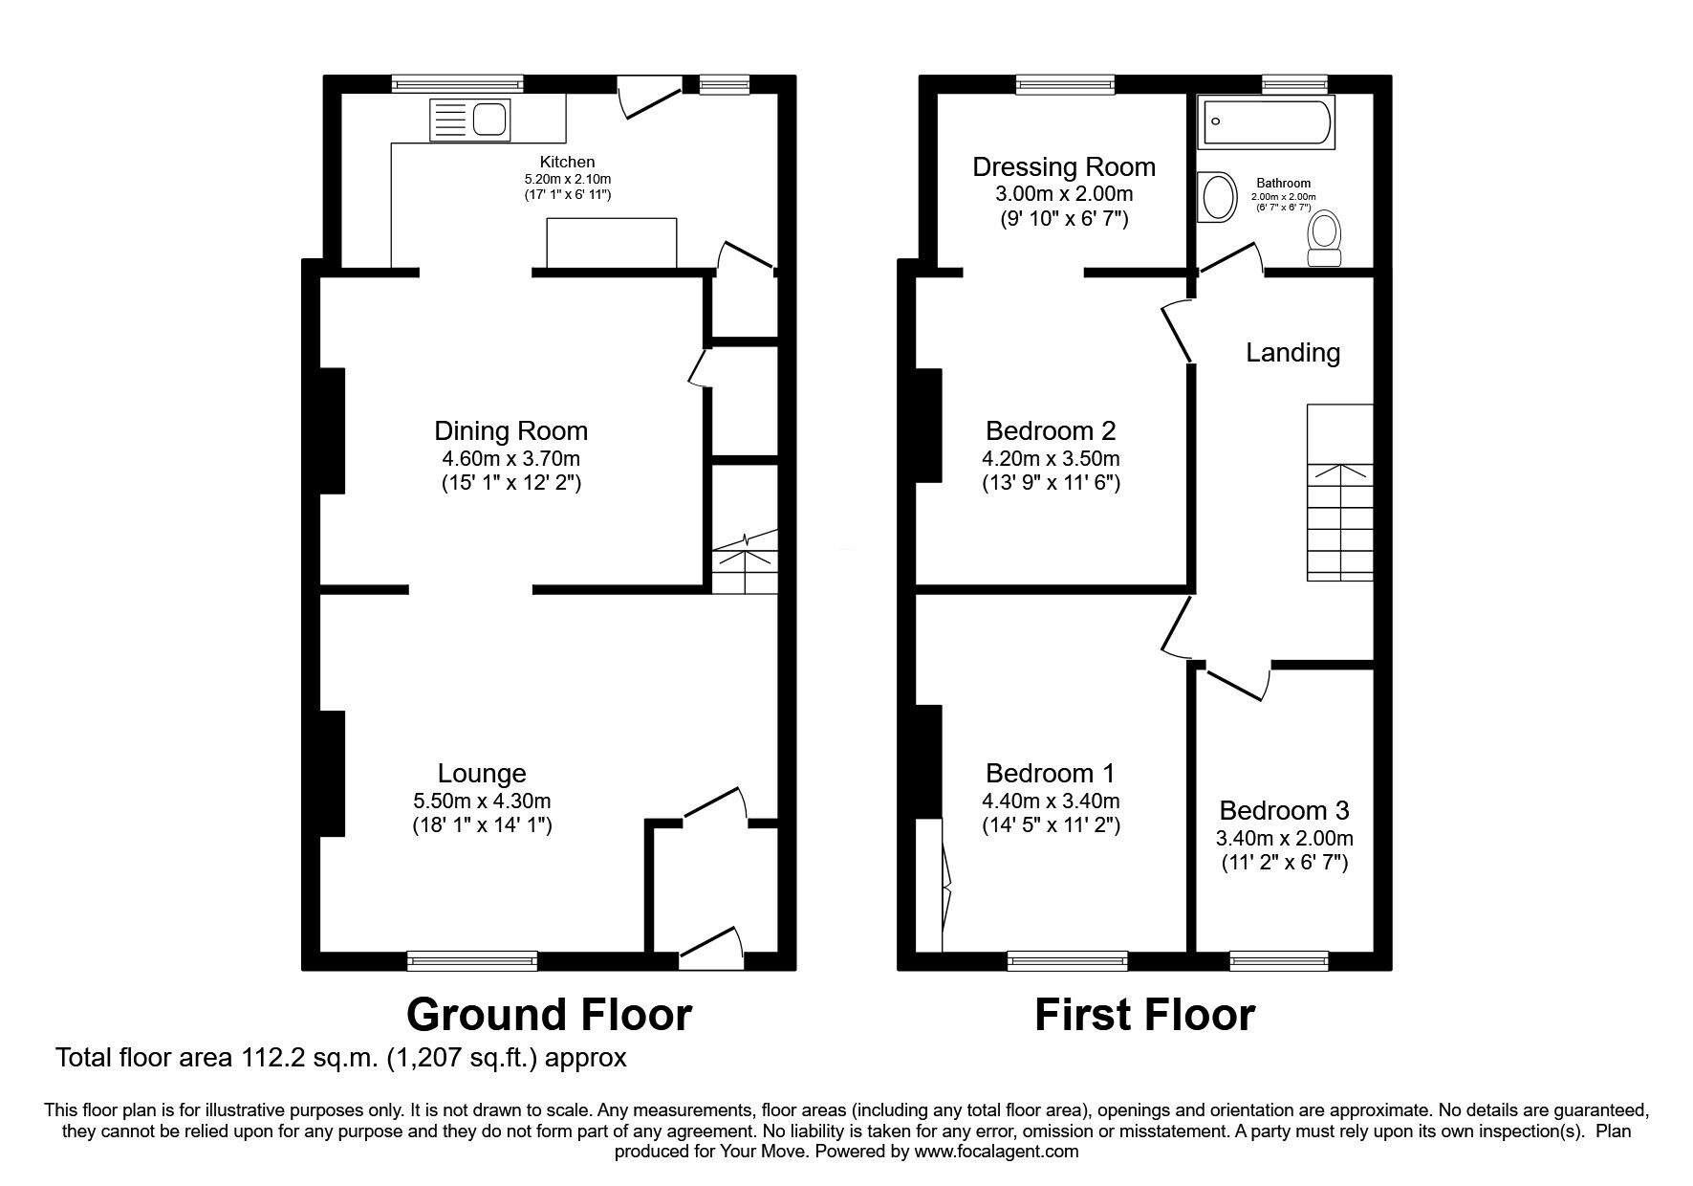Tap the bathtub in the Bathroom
(1268, 123)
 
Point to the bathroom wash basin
(1215, 197)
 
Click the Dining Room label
(511, 430)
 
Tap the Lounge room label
(482, 773)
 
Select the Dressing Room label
(1064, 167)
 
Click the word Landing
(1292, 353)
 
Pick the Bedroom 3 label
(1284, 811)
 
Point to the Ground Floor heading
(550, 1015)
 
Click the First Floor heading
(1144, 1015)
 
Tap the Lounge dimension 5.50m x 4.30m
(482, 801)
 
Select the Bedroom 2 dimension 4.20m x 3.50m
(1052, 458)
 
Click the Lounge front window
(472, 960)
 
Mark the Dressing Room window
(1065, 85)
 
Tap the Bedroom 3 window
(1278, 960)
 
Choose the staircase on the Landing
(1340, 492)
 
